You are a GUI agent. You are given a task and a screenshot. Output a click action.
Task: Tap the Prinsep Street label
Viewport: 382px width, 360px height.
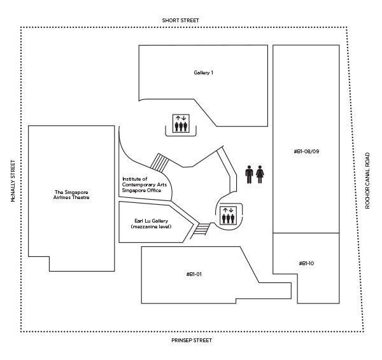coord(192,340)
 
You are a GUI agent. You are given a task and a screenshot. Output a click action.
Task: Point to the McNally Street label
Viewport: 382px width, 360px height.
coord(12,181)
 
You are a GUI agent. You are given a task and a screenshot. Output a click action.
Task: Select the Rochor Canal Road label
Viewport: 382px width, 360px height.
coord(368,180)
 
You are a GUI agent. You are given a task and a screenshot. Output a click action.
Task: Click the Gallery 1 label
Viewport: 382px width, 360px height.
coord(203,73)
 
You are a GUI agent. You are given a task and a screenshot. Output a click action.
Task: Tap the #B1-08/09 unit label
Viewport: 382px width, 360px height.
coord(306,152)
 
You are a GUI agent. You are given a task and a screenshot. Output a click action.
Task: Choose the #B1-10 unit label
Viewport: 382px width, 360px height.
coord(306,263)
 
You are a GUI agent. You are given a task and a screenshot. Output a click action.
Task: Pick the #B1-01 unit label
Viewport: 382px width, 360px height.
coord(194,274)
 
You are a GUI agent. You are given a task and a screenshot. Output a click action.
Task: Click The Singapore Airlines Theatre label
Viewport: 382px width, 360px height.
coord(71,195)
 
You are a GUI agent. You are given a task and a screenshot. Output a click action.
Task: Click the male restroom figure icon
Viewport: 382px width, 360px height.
coord(249,174)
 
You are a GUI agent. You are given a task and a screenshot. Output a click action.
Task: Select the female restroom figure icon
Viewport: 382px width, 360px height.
coord(260,174)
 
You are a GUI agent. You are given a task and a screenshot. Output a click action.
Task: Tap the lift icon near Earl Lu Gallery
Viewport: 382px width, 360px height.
coord(227,216)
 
